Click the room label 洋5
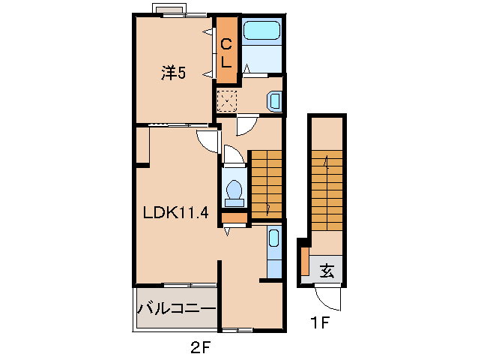point(173,73)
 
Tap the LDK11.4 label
point(176,213)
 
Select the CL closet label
point(226,53)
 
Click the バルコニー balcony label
point(177,309)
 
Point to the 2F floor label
point(201,347)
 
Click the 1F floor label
point(320,322)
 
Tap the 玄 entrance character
point(327,270)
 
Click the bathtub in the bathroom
point(262,30)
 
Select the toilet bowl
point(234,193)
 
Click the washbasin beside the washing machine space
point(274,100)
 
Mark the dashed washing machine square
point(226,101)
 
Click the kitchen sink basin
point(273,238)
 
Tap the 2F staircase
point(267,184)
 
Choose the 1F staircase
point(327,190)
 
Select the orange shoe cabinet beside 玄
point(305,261)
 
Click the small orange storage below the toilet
point(234,217)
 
